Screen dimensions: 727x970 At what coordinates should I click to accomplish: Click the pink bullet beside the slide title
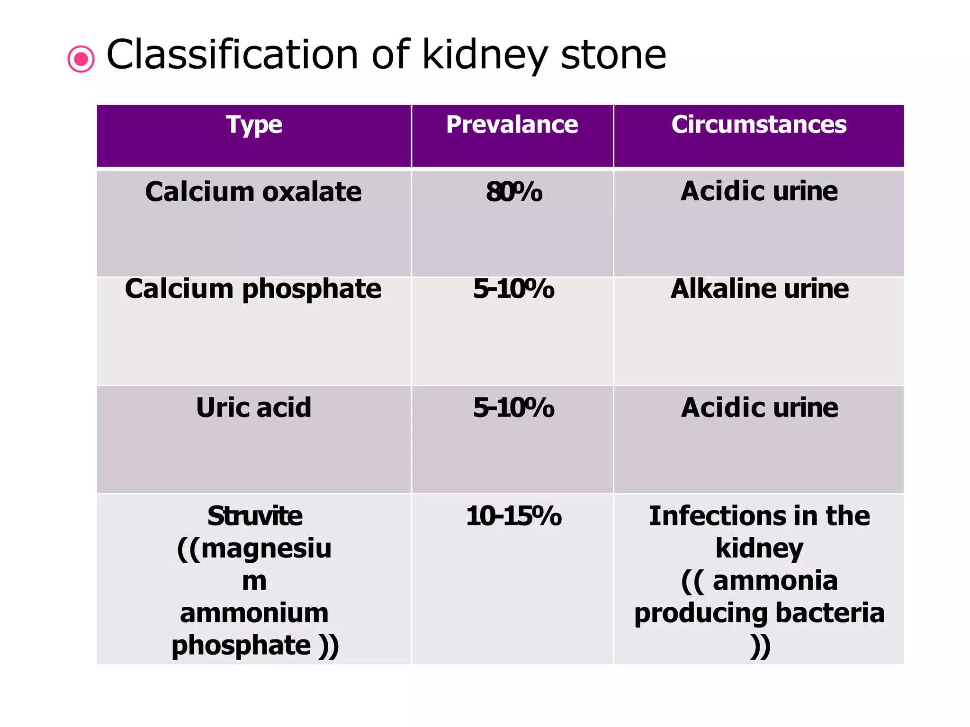(x=81, y=59)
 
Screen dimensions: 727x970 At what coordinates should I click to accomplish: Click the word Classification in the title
(x=232, y=55)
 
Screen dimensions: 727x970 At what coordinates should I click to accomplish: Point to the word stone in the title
(x=613, y=55)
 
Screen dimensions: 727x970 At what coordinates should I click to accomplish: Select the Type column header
(x=254, y=125)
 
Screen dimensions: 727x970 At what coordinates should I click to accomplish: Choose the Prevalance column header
(x=512, y=125)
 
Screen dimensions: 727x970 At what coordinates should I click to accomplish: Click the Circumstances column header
(x=759, y=125)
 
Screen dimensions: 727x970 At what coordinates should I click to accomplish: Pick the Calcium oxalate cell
(x=253, y=192)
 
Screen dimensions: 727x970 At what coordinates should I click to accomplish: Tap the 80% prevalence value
(x=514, y=193)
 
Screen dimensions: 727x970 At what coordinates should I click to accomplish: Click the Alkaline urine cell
(x=760, y=289)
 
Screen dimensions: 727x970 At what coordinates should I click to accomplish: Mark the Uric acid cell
(x=254, y=408)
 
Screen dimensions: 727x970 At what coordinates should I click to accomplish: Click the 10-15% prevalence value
(x=514, y=516)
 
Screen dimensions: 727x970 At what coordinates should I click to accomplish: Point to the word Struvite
(x=255, y=516)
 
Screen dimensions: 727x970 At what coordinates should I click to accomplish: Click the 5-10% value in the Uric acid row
(x=514, y=408)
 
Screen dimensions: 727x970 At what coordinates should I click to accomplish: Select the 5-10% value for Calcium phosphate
(x=514, y=289)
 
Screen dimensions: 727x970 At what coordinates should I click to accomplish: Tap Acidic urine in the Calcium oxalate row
(x=759, y=192)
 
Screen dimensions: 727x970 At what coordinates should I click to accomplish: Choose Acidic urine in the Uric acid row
(x=760, y=408)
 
